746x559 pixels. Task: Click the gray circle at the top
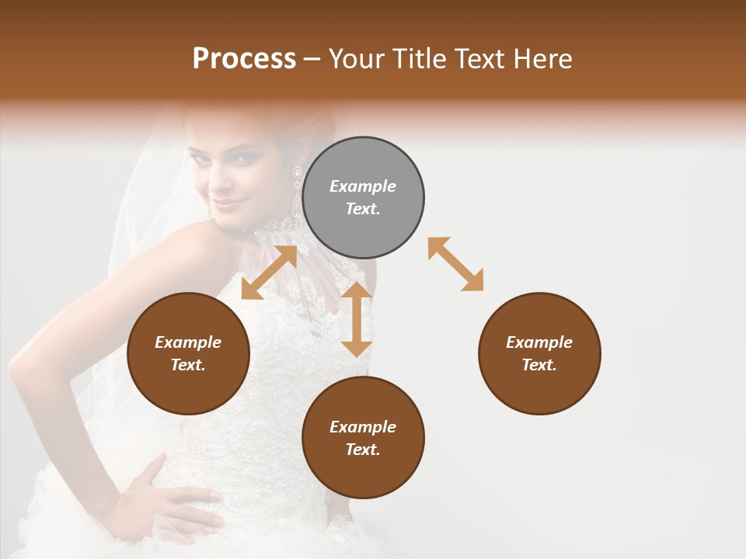tap(363, 198)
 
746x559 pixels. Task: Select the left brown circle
tap(188, 353)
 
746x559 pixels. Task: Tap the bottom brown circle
tap(363, 438)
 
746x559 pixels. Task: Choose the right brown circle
tap(539, 353)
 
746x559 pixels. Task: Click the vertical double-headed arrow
tap(357, 319)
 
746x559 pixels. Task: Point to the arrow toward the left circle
tap(269, 273)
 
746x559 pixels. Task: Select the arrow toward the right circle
tap(456, 264)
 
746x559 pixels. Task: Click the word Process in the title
tap(244, 59)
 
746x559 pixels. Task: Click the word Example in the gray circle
tap(363, 186)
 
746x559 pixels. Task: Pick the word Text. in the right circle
tap(539, 365)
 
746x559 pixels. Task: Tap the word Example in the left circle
tap(188, 342)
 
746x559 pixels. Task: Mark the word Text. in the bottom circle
tap(363, 450)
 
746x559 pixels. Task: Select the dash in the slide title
tap(312, 59)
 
